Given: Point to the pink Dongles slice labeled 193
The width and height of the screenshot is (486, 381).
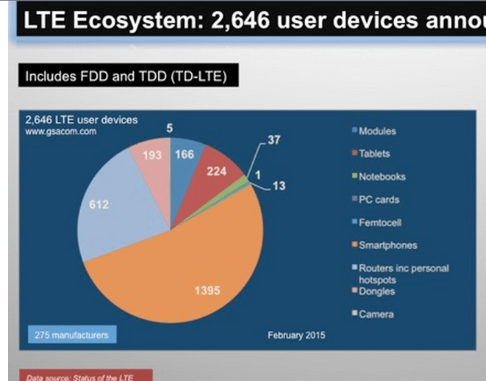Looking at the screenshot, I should (x=152, y=158).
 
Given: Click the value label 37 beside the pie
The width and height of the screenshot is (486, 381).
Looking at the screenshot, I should (x=274, y=139).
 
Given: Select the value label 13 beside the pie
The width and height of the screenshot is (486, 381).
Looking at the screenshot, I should (x=279, y=186).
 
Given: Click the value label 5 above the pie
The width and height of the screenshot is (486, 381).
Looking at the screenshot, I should (x=170, y=128).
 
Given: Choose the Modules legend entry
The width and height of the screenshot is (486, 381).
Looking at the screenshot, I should (x=376, y=131).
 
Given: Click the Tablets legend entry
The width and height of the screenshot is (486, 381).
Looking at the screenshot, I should (x=374, y=154).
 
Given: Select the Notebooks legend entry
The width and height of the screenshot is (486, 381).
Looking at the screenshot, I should (x=381, y=177).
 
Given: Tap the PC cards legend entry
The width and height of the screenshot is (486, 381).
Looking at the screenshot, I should (x=378, y=200).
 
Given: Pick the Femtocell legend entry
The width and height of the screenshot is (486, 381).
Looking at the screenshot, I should (x=379, y=222).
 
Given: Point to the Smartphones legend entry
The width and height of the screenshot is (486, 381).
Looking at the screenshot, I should (x=387, y=245).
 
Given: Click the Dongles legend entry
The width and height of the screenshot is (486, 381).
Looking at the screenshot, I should (x=376, y=291).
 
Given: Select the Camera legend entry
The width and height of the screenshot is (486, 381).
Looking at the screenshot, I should (x=375, y=314).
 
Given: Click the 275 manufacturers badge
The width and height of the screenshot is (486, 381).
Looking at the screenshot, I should (x=72, y=335).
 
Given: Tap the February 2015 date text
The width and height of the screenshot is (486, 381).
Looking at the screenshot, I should (x=296, y=335).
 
